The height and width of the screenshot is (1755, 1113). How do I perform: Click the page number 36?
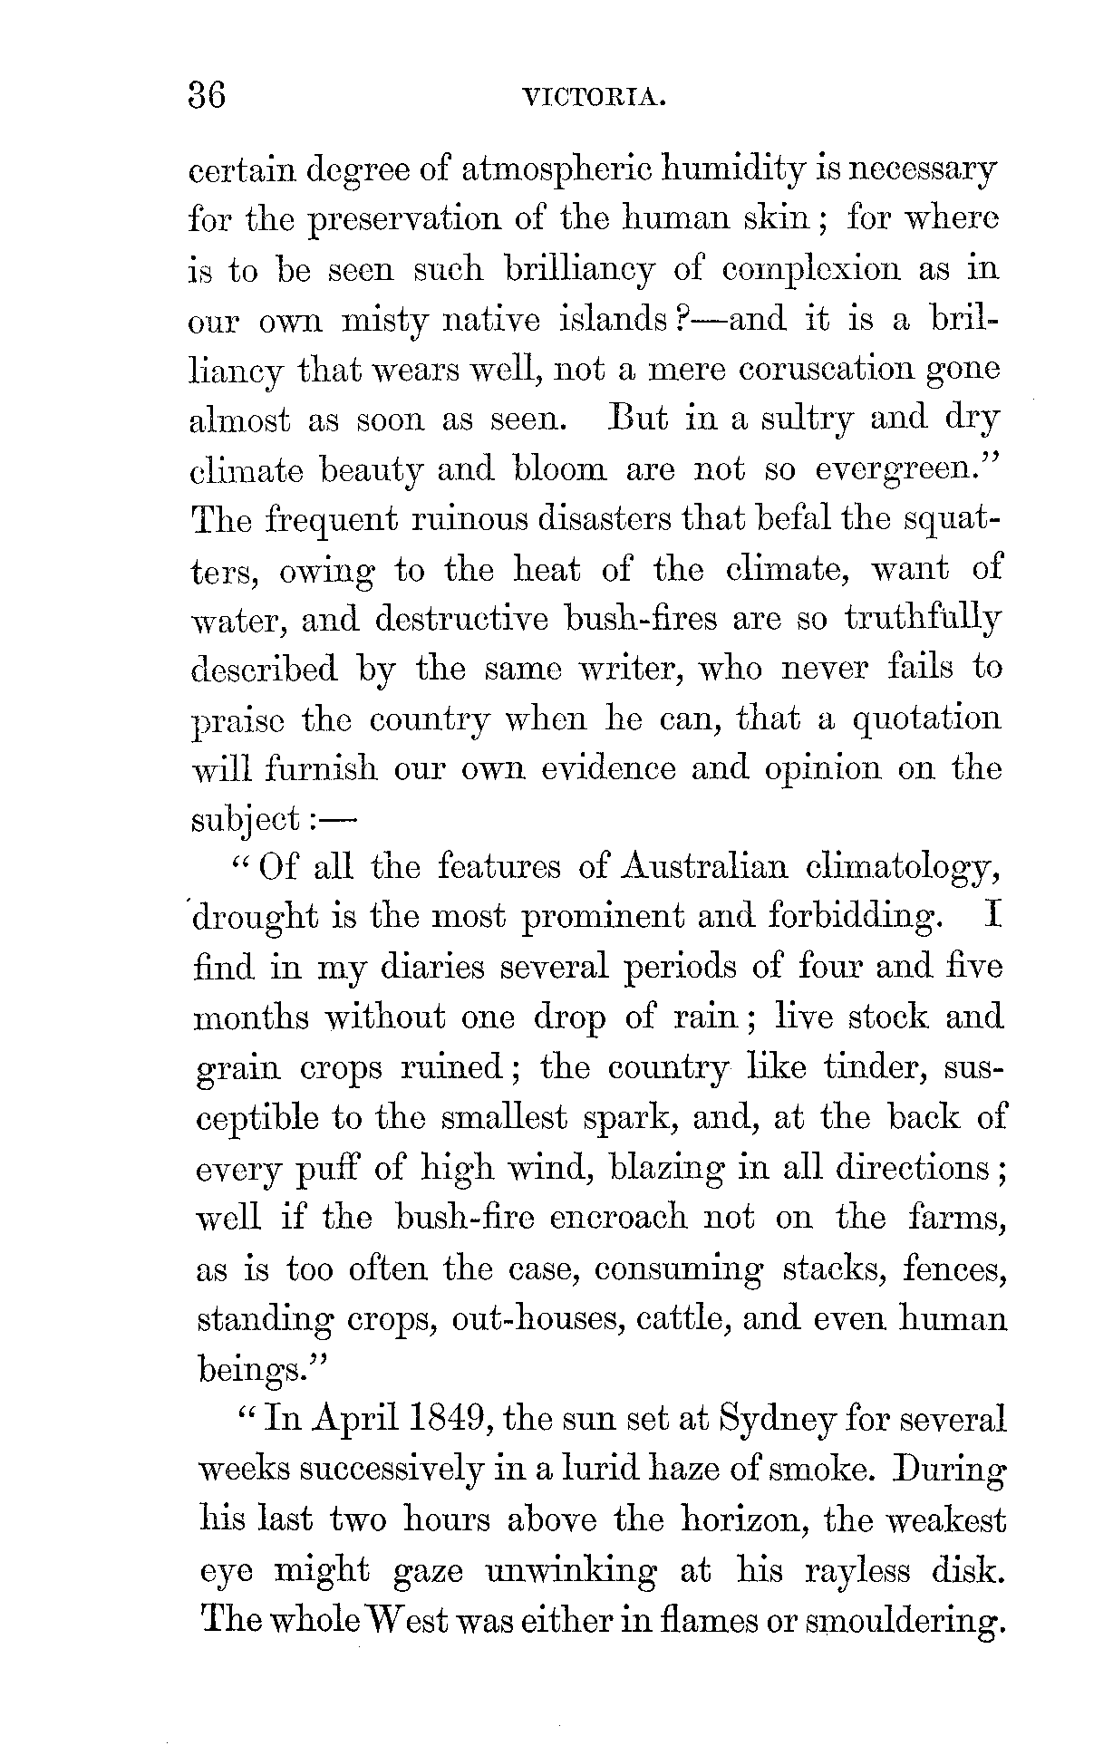coord(207,95)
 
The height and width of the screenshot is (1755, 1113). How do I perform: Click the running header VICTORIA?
coord(595,98)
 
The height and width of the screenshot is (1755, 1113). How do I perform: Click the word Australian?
coord(704,868)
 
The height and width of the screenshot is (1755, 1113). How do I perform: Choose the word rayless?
coord(857,1569)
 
